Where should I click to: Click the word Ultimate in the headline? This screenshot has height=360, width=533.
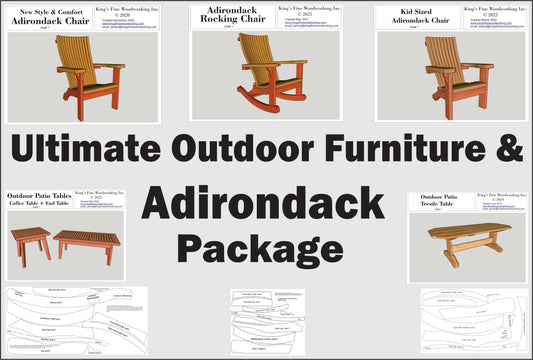click(83, 150)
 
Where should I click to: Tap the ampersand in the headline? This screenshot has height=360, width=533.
click(510, 150)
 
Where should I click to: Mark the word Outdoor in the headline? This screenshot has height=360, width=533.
click(236, 150)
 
